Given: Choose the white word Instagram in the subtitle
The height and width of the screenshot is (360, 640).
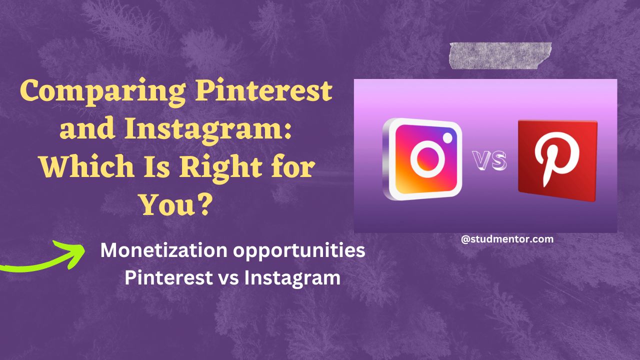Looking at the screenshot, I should (292, 278).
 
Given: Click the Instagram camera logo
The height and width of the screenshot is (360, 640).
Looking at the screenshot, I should (422, 159).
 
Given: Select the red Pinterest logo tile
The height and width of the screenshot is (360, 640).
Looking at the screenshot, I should (557, 159).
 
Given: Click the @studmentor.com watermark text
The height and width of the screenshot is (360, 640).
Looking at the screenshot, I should (507, 239).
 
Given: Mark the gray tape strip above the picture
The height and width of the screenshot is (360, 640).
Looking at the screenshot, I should (500, 55).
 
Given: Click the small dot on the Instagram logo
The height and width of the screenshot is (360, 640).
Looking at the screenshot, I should (448, 136).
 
